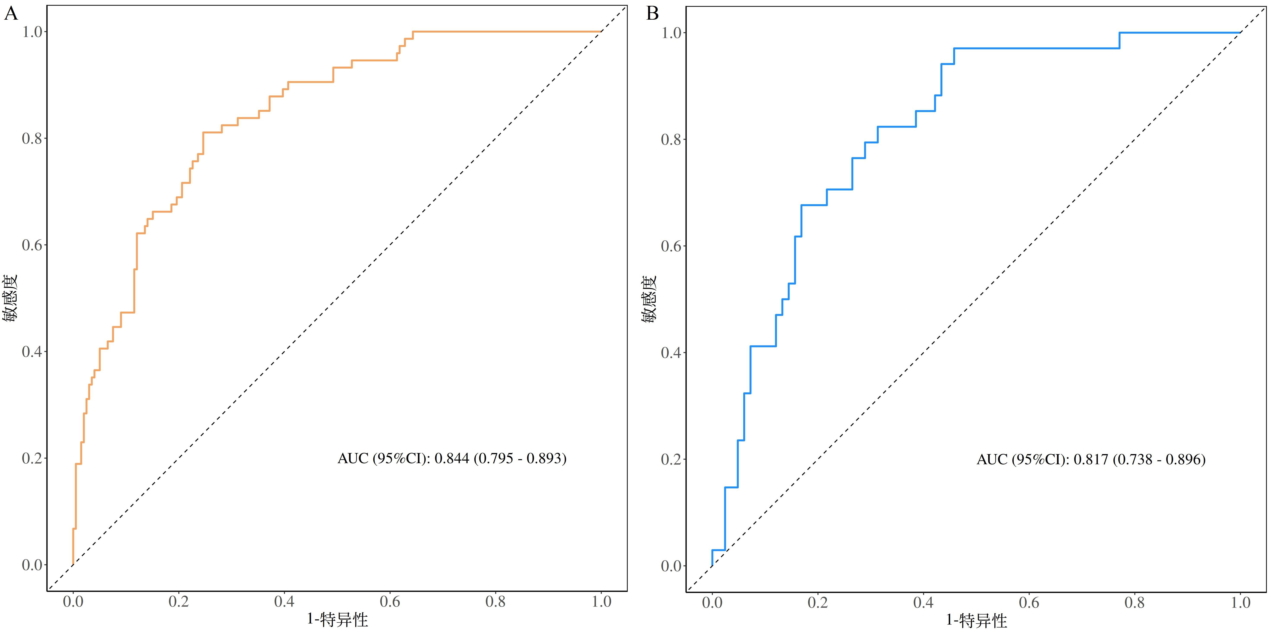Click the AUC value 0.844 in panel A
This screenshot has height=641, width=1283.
(x=452, y=458)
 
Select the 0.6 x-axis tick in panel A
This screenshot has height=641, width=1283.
(x=390, y=602)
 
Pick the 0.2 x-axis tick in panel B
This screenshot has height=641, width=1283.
(x=818, y=603)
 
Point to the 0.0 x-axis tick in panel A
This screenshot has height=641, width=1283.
(x=73, y=602)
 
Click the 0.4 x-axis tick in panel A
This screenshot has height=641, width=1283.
(x=284, y=602)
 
